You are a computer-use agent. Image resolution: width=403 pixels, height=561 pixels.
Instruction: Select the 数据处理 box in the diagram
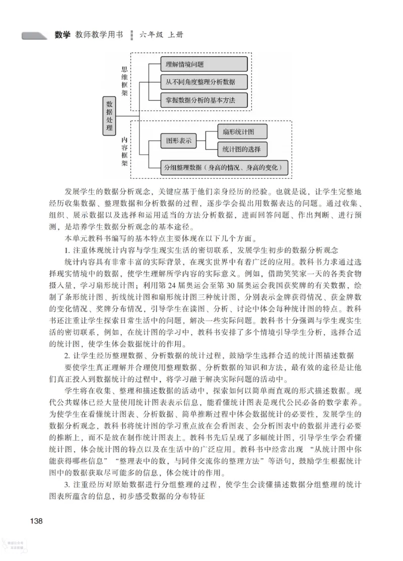109,116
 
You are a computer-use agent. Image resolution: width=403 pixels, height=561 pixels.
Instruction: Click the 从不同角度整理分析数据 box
204,82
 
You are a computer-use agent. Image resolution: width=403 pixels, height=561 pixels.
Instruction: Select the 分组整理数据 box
225,168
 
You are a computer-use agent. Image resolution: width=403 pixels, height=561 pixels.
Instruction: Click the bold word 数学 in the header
62,35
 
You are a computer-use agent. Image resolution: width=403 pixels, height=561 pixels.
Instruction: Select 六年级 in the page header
154,35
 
